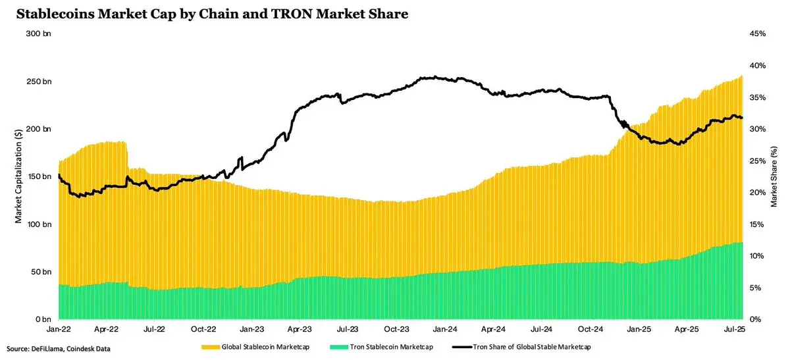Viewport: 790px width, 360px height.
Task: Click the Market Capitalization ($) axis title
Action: click(x=19, y=176)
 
